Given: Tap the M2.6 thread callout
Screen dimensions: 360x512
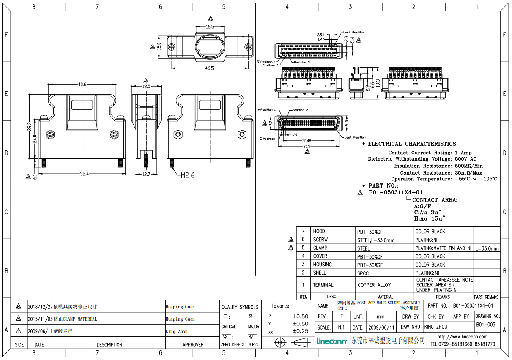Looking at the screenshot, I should point(188,175).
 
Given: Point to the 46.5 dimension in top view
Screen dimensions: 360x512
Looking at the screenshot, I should point(209,68).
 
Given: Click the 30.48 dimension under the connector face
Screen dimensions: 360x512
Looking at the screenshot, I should point(307,141).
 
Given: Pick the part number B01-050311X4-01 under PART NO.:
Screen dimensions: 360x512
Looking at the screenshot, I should point(395,192).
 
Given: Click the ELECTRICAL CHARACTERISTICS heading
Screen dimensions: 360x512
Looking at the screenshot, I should point(412,144).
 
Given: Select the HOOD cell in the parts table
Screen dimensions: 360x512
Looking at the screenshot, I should point(319,231).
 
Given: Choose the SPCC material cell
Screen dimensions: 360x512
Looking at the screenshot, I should point(363,273).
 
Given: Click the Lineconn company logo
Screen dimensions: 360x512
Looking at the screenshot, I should point(332,341).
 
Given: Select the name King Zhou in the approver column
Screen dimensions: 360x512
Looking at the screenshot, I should point(177,332).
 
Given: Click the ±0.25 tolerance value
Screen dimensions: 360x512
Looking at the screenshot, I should point(300,331).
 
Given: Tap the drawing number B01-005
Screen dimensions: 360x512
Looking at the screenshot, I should point(485,325).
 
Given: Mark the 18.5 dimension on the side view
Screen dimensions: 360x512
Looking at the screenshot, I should point(146,86).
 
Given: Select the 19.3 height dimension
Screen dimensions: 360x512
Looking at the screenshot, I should point(378,83).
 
